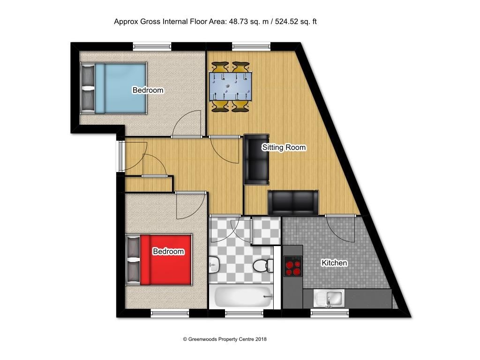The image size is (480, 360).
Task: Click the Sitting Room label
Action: (x=284, y=148)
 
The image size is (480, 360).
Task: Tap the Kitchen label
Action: (x=334, y=263)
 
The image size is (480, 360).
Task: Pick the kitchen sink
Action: (x=330, y=298)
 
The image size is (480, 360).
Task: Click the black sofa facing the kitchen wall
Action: (x=293, y=202)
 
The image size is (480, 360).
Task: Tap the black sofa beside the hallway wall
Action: (x=256, y=159)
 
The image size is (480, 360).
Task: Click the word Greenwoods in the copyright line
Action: (x=204, y=339)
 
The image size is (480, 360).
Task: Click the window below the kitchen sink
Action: (x=330, y=313)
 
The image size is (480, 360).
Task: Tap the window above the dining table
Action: (x=251, y=46)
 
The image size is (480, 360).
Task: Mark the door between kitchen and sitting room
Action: (x=341, y=216)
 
